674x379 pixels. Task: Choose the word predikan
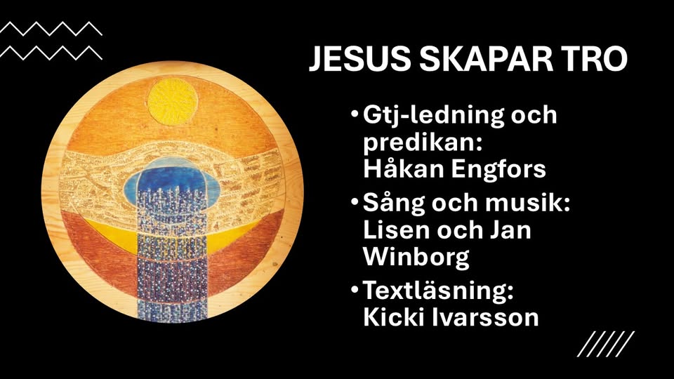[422, 142]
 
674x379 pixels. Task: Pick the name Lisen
[396, 230]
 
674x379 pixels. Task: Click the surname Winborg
[416, 258]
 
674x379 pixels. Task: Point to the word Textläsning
[439, 291]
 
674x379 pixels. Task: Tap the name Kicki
[391, 317]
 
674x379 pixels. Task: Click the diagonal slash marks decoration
[606, 344]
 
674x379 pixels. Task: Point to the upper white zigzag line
[51, 28]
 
